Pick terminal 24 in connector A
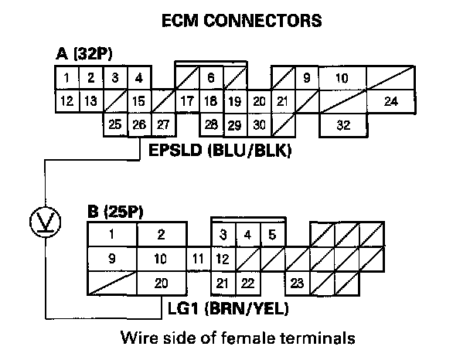pyautogui.click(x=391, y=101)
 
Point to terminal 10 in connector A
pyautogui.click(x=342, y=78)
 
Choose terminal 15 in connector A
pyautogui.click(x=139, y=101)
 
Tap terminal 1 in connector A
pyautogui.click(x=67, y=78)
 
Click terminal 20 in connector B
pyautogui.click(x=161, y=284)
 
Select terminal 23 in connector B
pyautogui.click(x=297, y=284)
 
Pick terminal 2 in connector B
pyautogui.click(x=161, y=235)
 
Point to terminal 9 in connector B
pyautogui.click(x=112, y=259)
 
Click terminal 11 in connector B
pyautogui.click(x=199, y=259)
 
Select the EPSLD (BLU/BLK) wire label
pyautogui.click(x=218, y=151)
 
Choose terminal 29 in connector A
pyautogui.click(x=235, y=124)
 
